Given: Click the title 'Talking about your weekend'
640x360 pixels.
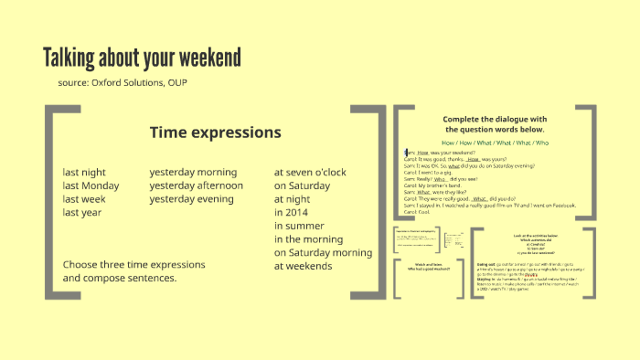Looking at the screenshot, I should click(142, 58).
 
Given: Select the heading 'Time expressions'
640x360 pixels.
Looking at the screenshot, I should click(215, 132).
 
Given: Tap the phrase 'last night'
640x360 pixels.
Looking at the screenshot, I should click(84, 172).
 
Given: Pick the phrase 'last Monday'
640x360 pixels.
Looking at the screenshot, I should click(91, 185).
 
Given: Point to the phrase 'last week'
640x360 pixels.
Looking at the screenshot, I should click(84, 199).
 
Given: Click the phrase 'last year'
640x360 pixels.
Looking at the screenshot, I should click(81, 212).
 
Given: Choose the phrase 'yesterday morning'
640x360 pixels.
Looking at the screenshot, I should click(193, 172).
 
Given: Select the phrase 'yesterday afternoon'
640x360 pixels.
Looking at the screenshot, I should click(197, 185).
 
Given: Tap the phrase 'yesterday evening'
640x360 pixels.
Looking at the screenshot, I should click(191, 199).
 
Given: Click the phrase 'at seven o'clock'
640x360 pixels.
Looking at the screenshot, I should click(310, 172).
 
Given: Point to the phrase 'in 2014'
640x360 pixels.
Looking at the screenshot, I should click(292, 212).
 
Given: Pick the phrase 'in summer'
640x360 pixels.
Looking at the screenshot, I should click(298, 226).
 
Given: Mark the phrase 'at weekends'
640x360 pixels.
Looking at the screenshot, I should click(303, 266).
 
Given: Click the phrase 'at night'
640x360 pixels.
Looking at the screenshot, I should click(293, 199).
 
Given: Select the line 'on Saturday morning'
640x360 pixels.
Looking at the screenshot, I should click(323, 252).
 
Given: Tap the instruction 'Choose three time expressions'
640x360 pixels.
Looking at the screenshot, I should click(133, 265).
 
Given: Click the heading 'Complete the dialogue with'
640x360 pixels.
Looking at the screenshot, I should click(494, 119).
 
